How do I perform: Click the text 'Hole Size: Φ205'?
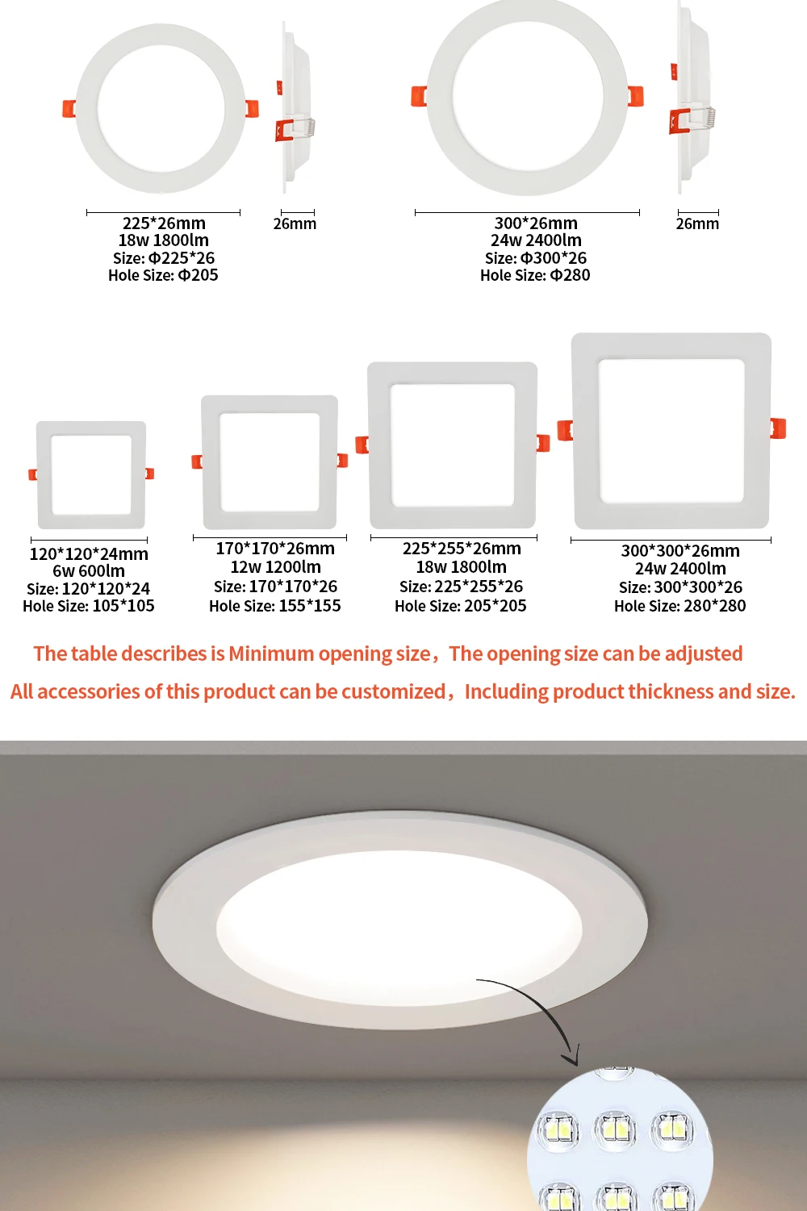click(x=163, y=275)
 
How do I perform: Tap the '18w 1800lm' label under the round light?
click(x=164, y=240)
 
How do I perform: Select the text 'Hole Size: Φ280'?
click(x=535, y=275)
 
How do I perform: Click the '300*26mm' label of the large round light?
click(x=536, y=223)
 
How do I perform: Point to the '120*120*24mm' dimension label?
click(x=89, y=553)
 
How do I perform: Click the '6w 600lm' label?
click(x=89, y=571)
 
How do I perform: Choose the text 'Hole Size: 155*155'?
click(x=274, y=606)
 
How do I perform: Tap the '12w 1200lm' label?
click(x=275, y=567)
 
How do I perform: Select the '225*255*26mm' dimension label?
click(x=462, y=549)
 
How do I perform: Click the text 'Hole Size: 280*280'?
click(x=679, y=606)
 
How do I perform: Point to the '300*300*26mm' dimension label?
click(x=679, y=551)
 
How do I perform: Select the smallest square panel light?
click(x=91, y=474)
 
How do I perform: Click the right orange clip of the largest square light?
click(x=778, y=428)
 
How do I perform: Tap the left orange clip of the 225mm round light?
click(x=69, y=108)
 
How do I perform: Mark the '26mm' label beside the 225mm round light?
click(x=295, y=223)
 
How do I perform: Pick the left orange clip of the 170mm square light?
click(x=196, y=461)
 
